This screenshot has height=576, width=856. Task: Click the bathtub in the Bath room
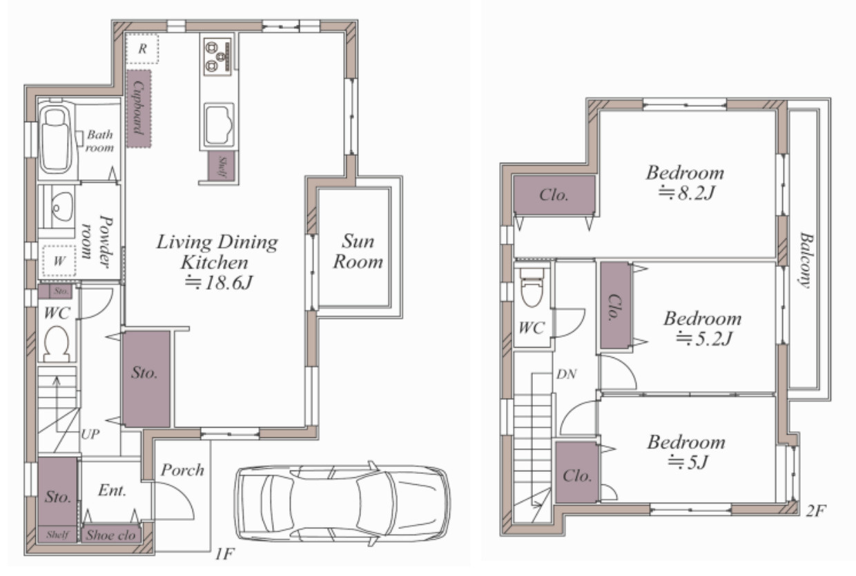56,139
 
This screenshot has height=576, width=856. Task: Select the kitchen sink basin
219,125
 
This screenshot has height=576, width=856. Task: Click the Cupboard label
139,108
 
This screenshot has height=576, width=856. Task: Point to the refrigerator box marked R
142,48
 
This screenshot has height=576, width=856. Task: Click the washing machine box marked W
59,261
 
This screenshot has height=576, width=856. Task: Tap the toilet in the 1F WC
57,344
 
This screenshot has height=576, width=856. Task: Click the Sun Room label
358,252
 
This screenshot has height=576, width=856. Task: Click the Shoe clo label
111,535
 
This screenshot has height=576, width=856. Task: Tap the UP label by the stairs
90,435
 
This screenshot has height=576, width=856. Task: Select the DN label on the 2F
566,375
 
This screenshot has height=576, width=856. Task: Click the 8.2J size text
686,193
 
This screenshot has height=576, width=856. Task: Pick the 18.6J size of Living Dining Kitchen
219,283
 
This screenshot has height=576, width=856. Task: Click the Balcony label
806,260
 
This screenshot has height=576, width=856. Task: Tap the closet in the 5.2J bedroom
616,305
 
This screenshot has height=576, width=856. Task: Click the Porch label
182,470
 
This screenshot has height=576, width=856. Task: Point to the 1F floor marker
224,553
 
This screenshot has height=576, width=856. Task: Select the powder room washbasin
62,206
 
